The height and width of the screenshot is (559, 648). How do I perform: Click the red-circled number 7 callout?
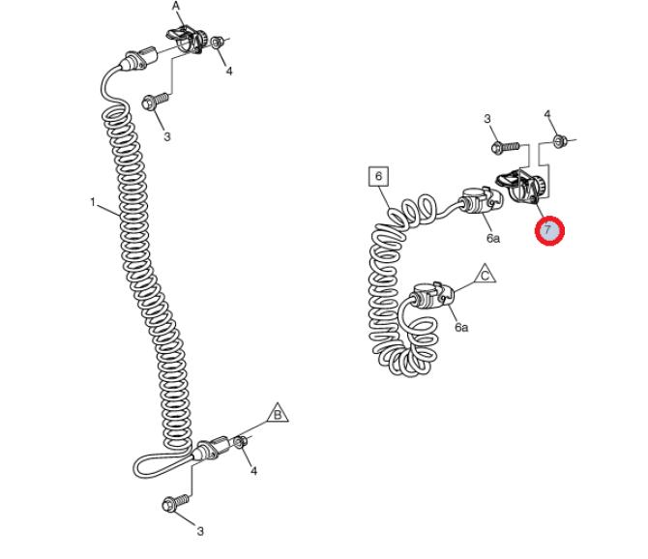point(549,230)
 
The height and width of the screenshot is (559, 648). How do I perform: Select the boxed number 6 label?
point(378,177)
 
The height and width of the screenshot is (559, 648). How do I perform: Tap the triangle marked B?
point(279,413)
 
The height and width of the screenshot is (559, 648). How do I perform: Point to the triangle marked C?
point(486,274)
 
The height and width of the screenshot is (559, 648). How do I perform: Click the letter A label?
point(176,6)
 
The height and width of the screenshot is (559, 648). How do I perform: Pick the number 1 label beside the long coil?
point(93,202)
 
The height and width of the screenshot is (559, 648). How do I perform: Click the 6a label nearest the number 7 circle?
point(492,238)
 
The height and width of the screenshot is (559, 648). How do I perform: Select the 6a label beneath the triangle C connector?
point(461,327)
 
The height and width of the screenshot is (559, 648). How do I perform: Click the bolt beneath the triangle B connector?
point(176,503)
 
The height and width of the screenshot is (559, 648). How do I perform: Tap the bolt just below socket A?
point(155,102)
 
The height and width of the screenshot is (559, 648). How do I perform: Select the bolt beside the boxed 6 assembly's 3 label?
point(505,147)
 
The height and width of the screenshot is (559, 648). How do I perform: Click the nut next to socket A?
point(217,43)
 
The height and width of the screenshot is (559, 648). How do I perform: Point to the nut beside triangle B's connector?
point(241,442)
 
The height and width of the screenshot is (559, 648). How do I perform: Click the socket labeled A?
point(187,41)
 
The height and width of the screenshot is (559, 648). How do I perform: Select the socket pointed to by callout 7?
point(520,186)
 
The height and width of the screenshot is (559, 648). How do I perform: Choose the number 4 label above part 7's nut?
point(547,114)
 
